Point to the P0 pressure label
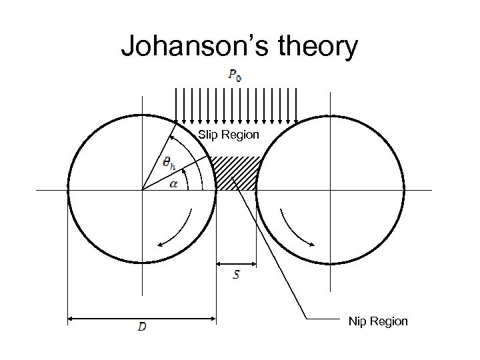[235, 75]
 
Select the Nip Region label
[378, 322]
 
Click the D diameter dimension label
[143, 327]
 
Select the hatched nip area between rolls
[237, 173]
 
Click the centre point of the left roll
[142, 191]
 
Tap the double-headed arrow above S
[237, 264]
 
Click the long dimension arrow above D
[143, 317]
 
